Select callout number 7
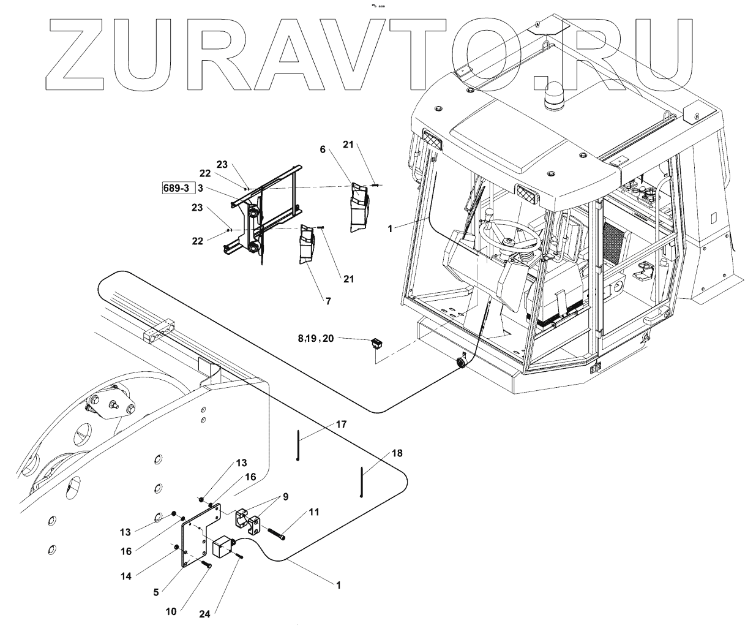tap(328, 301)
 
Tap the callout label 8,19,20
tap(316, 337)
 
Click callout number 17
tap(341, 423)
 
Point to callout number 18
tap(397, 453)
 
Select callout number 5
tap(157, 592)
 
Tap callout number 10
tap(171, 611)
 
